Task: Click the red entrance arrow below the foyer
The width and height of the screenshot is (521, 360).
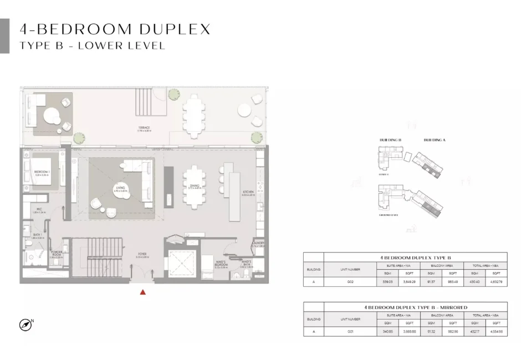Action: click(143, 292)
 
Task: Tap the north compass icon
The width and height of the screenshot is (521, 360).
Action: click(25, 325)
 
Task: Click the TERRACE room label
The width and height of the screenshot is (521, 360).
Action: click(144, 128)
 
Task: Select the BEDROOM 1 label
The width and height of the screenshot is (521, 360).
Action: click(42, 172)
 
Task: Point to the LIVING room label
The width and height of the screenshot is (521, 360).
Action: click(121, 188)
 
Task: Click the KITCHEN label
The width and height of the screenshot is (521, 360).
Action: click(248, 193)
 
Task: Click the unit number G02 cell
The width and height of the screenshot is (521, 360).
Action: click(350, 282)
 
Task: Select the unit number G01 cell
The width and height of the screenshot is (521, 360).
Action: click(350, 331)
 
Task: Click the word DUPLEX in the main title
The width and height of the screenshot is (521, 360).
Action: click(176, 29)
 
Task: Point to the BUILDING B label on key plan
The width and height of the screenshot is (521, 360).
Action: click(390, 140)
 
